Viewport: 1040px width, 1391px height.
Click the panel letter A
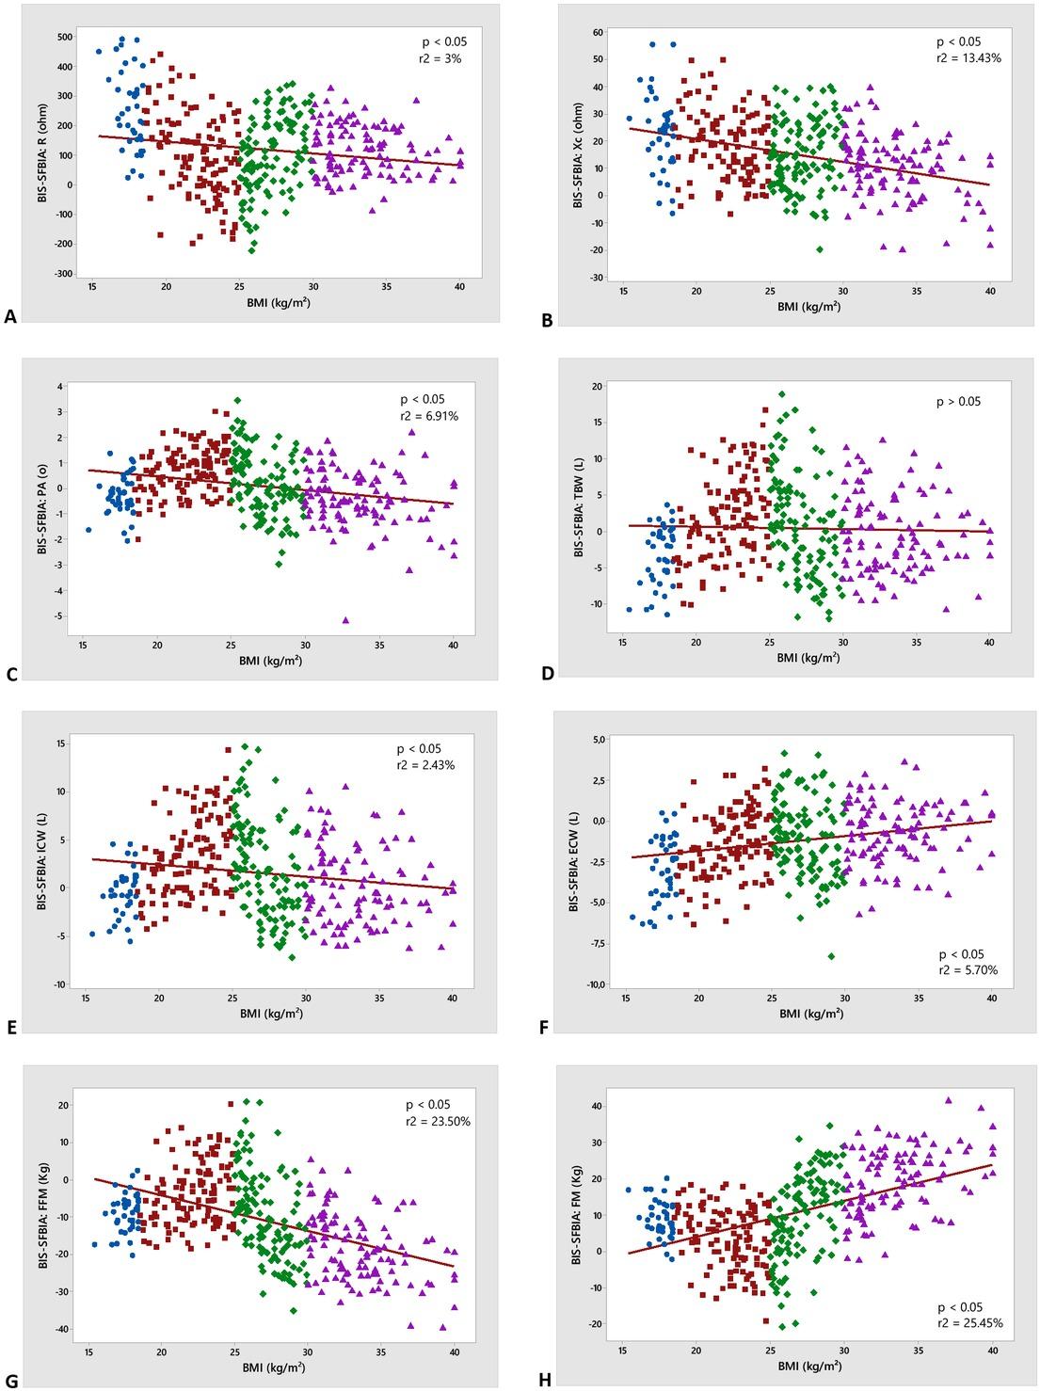click(x=11, y=319)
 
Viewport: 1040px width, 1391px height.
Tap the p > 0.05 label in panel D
click(x=958, y=402)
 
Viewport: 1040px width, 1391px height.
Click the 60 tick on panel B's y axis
click(x=598, y=33)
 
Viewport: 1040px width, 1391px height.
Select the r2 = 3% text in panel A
click(x=442, y=58)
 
